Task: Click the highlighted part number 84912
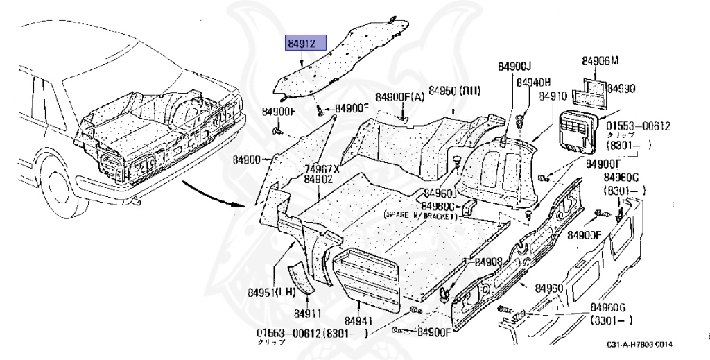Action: [302, 44]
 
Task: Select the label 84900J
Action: [514, 66]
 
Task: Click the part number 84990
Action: [621, 89]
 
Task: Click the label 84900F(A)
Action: [400, 96]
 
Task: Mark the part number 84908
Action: [488, 262]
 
